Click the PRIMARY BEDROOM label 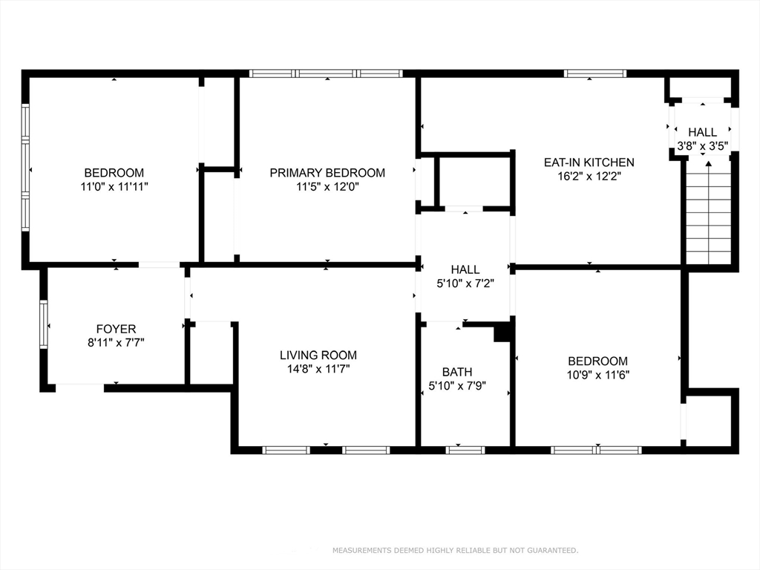tap(327, 172)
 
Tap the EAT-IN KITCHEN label tap(589, 162)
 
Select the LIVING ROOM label tap(318, 355)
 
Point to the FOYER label tap(116, 329)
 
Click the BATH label tap(457, 372)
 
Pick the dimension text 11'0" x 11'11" tap(114, 186)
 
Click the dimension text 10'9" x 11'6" tap(597, 375)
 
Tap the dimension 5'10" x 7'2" tap(465, 284)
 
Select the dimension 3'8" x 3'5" tap(703, 145)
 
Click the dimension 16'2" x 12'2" tap(589, 176)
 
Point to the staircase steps tap(708, 212)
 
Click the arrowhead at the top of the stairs tap(708, 164)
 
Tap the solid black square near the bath tap(502, 332)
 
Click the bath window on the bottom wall tap(465, 451)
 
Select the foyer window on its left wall tap(44, 324)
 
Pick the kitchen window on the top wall tap(595, 73)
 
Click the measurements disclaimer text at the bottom tap(455, 550)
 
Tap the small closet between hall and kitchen tap(474, 181)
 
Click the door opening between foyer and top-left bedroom tap(160, 265)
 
